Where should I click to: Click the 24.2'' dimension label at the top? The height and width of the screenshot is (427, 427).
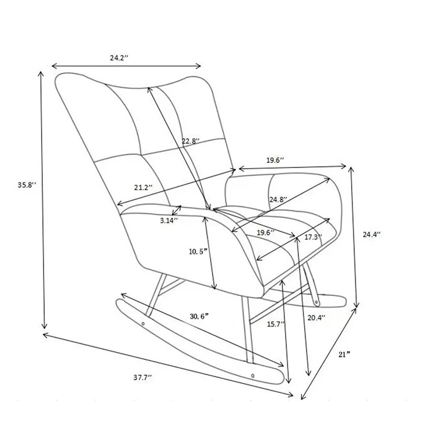[x=119, y=58]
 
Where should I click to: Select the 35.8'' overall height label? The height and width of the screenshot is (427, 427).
[x=27, y=185]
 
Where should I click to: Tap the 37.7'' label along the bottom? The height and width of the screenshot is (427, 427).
[x=143, y=377]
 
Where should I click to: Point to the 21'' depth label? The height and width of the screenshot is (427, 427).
[x=344, y=354]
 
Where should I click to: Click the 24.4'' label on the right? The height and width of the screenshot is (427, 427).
[x=371, y=234]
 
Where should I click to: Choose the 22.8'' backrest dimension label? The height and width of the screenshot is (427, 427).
[x=191, y=141]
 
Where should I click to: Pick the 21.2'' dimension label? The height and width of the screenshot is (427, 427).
[x=143, y=187]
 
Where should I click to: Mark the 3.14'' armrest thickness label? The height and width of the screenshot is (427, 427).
[x=169, y=220]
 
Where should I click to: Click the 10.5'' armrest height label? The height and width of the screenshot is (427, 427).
[x=198, y=251]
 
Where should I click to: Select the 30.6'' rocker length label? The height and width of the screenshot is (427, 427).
[x=199, y=317]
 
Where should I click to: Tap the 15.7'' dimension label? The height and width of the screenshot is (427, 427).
[x=275, y=324]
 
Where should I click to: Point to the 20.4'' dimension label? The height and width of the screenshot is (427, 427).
[x=317, y=318]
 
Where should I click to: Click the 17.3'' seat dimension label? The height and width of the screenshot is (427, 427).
[x=313, y=237]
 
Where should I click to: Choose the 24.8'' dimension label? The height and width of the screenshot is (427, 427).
[x=279, y=200]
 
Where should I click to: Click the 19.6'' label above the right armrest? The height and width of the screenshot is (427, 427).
[x=275, y=160]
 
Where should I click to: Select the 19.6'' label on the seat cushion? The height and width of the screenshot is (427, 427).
[x=266, y=233]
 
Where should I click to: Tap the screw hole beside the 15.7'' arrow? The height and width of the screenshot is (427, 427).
[x=253, y=376]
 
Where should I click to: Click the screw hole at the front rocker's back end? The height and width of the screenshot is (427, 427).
[x=143, y=324]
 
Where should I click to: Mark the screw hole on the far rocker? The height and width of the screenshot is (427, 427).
[x=316, y=302]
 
